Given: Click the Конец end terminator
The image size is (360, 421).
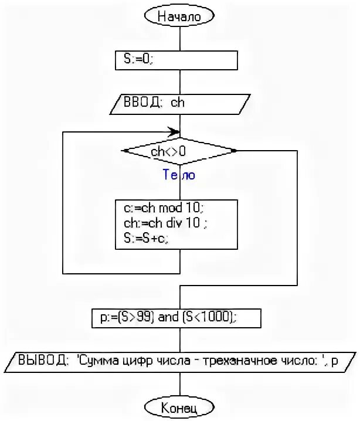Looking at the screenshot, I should click(179, 406).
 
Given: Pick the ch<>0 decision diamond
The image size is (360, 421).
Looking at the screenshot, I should click(179, 151).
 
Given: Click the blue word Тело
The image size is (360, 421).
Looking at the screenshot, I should click(179, 175).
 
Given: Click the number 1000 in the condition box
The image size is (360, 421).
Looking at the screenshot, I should click(220, 317).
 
